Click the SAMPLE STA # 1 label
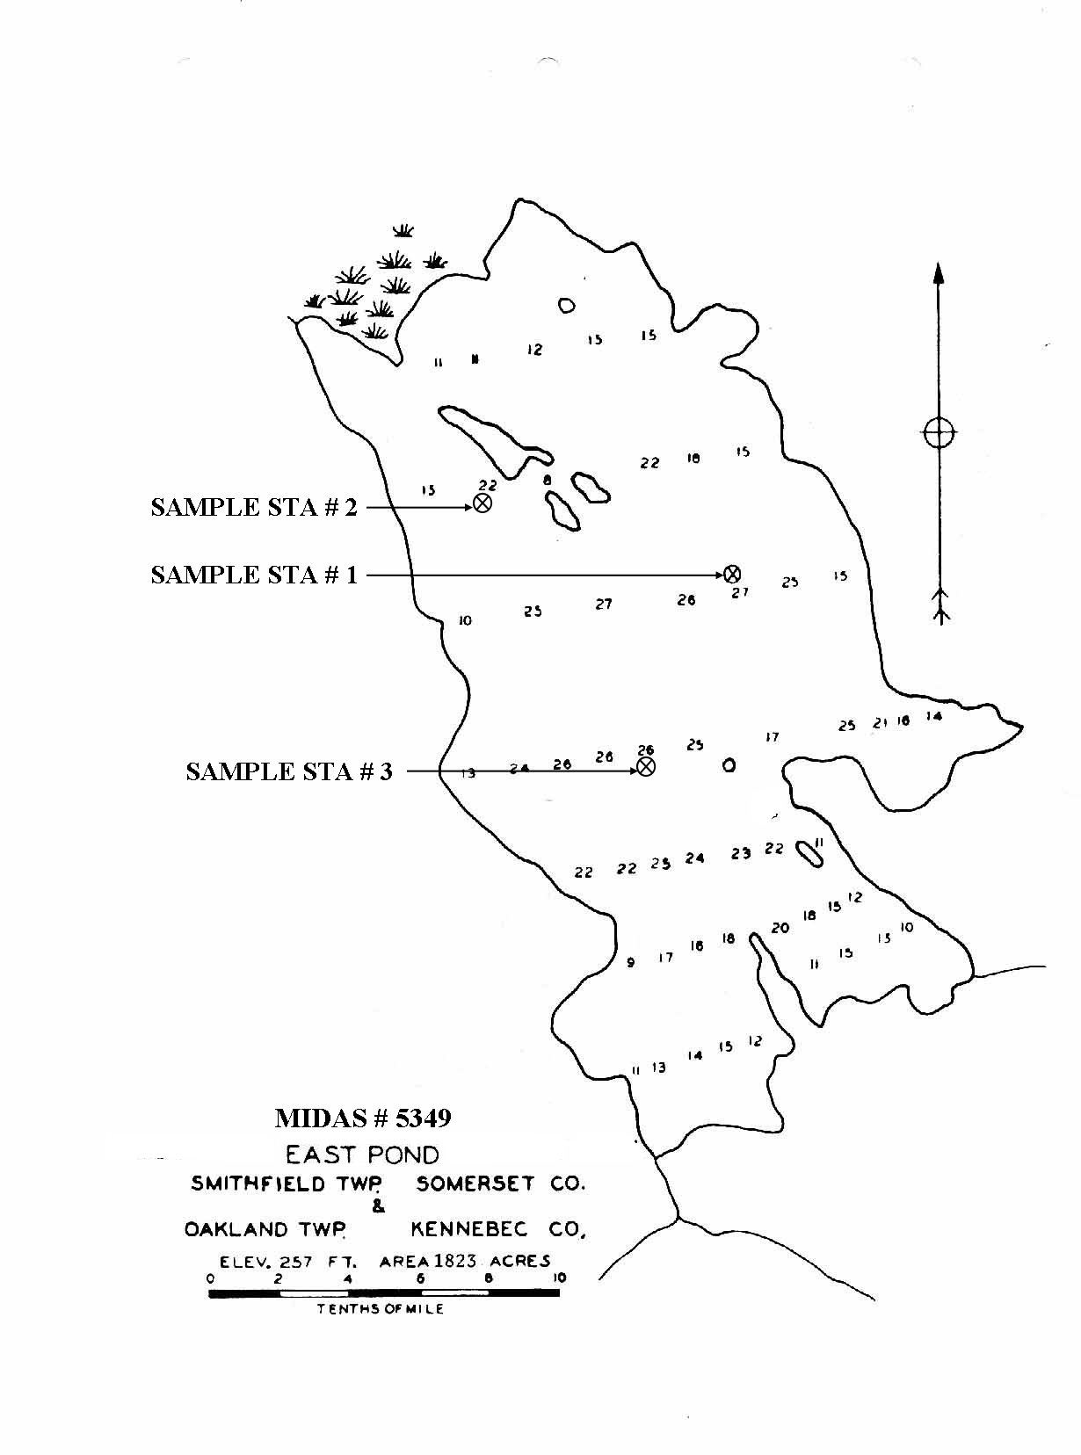point(254,575)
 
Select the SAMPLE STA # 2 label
point(254,507)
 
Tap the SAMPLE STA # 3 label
point(289,771)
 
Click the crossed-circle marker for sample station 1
point(732,575)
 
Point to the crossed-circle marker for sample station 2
point(482,503)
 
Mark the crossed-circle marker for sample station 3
point(646,767)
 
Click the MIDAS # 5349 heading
point(363,1118)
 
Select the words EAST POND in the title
point(362,1155)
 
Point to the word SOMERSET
point(475,1184)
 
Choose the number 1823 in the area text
point(454,1261)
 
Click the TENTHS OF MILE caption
point(381,1309)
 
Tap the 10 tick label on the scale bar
point(560,1278)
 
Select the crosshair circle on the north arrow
point(939,432)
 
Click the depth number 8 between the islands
point(547,481)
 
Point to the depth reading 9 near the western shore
point(630,963)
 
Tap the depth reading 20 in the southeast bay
point(780,928)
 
